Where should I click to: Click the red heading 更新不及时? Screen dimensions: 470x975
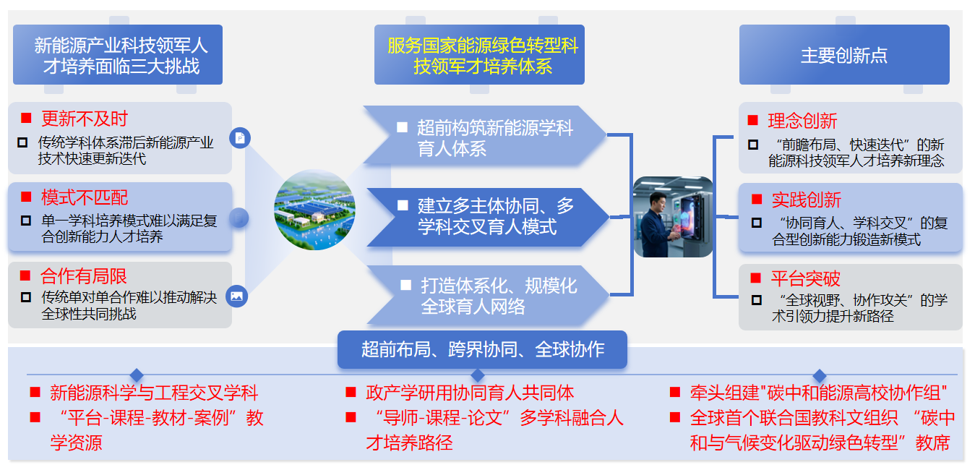pyautogui.click(x=84, y=119)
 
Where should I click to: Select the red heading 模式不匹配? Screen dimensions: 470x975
pyautogui.click(x=84, y=197)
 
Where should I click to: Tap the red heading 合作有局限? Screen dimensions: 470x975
pyautogui.click(x=84, y=276)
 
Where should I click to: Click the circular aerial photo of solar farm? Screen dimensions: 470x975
pyautogui.click(x=314, y=210)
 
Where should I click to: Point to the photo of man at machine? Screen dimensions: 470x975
pyautogui.click(x=673, y=217)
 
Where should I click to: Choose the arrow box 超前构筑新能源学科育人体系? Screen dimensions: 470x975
pyautogui.click(x=484, y=137)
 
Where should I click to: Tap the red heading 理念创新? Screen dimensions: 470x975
pyautogui.click(x=802, y=121)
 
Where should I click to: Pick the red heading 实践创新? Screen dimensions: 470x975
pyautogui.click(x=806, y=200)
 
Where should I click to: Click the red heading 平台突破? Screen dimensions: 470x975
pyautogui.click(x=805, y=279)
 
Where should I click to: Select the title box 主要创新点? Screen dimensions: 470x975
pyautogui.click(x=843, y=55)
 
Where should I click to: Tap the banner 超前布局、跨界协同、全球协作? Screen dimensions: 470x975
pyautogui.click(x=482, y=350)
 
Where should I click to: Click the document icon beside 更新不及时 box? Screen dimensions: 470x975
pyautogui.click(x=239, y=137)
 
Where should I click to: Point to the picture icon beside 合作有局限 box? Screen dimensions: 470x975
pyautogui.click(x=236, y=295)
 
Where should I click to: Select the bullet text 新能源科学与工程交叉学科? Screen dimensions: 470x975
pyautogui.click(x=153, y=393)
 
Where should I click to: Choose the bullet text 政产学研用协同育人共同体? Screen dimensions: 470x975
pyautogui.click(x=469, y=393)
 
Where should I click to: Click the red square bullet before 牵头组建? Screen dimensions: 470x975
pyautogui.click(x=675, y=393)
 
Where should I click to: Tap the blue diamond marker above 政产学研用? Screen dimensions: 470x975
pyautogui.click(x=478, y=375)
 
